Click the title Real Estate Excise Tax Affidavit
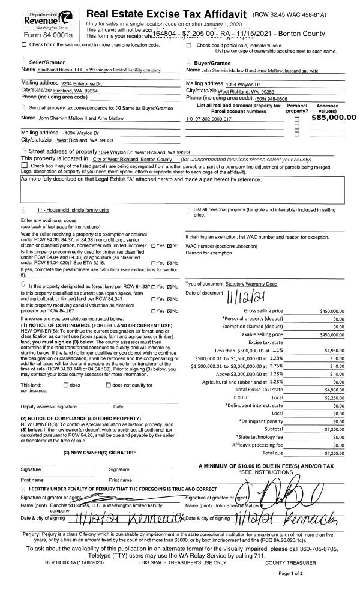[x=167, y=13]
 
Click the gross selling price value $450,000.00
[x=339, y=311]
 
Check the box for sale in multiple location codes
[x=24, y=45]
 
